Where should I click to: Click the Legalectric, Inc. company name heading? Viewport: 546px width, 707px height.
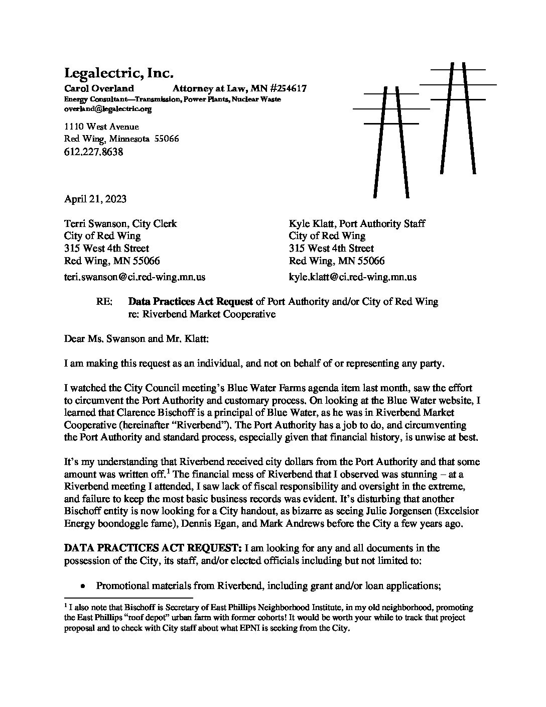click(118, 73)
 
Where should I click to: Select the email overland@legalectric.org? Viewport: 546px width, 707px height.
click(108, 108)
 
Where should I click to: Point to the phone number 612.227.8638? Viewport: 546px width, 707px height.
click(94, 152)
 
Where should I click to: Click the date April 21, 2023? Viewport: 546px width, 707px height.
click(95, 199)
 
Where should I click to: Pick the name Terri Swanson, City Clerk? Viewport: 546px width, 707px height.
click(120, 223)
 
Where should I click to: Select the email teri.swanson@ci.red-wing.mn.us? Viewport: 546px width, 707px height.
click(134, 277)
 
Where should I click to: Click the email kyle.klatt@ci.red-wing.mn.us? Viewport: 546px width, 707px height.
click(352, 277)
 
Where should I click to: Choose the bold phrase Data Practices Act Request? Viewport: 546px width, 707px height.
click(191, 302)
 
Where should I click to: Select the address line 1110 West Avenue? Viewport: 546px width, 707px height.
click(101, 127)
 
